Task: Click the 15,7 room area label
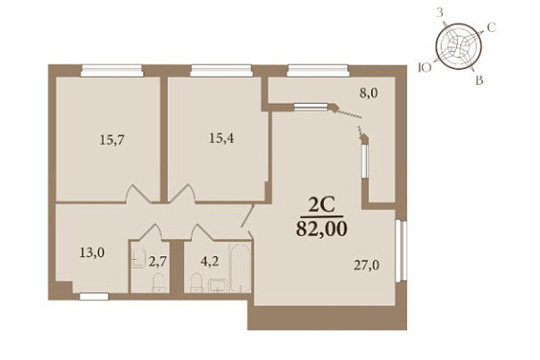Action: [x=112, y=140]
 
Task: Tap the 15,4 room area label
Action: [x=221, y=138]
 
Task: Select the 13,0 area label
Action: [x=92, y=253]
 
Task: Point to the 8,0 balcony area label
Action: [x=369, y=93]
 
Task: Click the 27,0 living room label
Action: [x=367, y=265]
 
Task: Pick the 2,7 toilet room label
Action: [x=158, y=262]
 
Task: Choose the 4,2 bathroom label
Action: [x=210, y=262]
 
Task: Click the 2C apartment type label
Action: [x=321, y=205]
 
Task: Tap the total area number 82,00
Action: [x=321, y=229]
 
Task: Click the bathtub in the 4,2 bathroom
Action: [x=240, y=268]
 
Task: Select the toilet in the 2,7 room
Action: [x=158, y=283]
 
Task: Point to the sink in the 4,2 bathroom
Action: [x=217, y=286]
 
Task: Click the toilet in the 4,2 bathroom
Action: [x=196, y=283]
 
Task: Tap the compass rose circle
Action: [x=459, y=46]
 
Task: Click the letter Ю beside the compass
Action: [x=424, y=68]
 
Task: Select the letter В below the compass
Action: [x=479, y=80]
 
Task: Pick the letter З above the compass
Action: [x=440, y=13]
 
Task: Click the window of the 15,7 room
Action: [x=112, y=71]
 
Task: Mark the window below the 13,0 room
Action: [x=94, y=297]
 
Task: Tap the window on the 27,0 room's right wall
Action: [x=402, y=251]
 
